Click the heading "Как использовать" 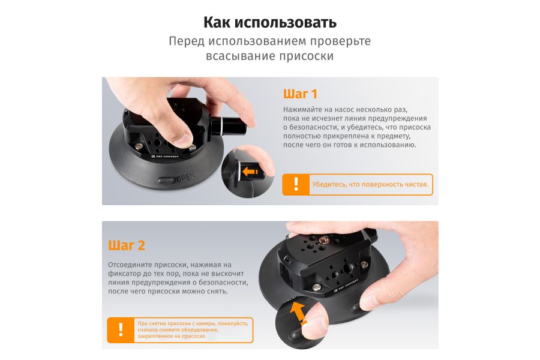click(269, 23)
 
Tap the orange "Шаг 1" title click(299, 94)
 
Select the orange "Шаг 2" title click(127, 245)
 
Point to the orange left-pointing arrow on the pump click(250, 172)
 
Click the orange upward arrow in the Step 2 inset click(298, 313)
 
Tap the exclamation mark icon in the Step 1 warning click(296, 184)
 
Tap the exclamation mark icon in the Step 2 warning click(121, 329)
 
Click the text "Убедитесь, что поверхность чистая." click(370, 185)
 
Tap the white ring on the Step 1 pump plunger click(218, 127)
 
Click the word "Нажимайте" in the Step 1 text click(304, 110)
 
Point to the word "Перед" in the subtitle click(187, 41)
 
